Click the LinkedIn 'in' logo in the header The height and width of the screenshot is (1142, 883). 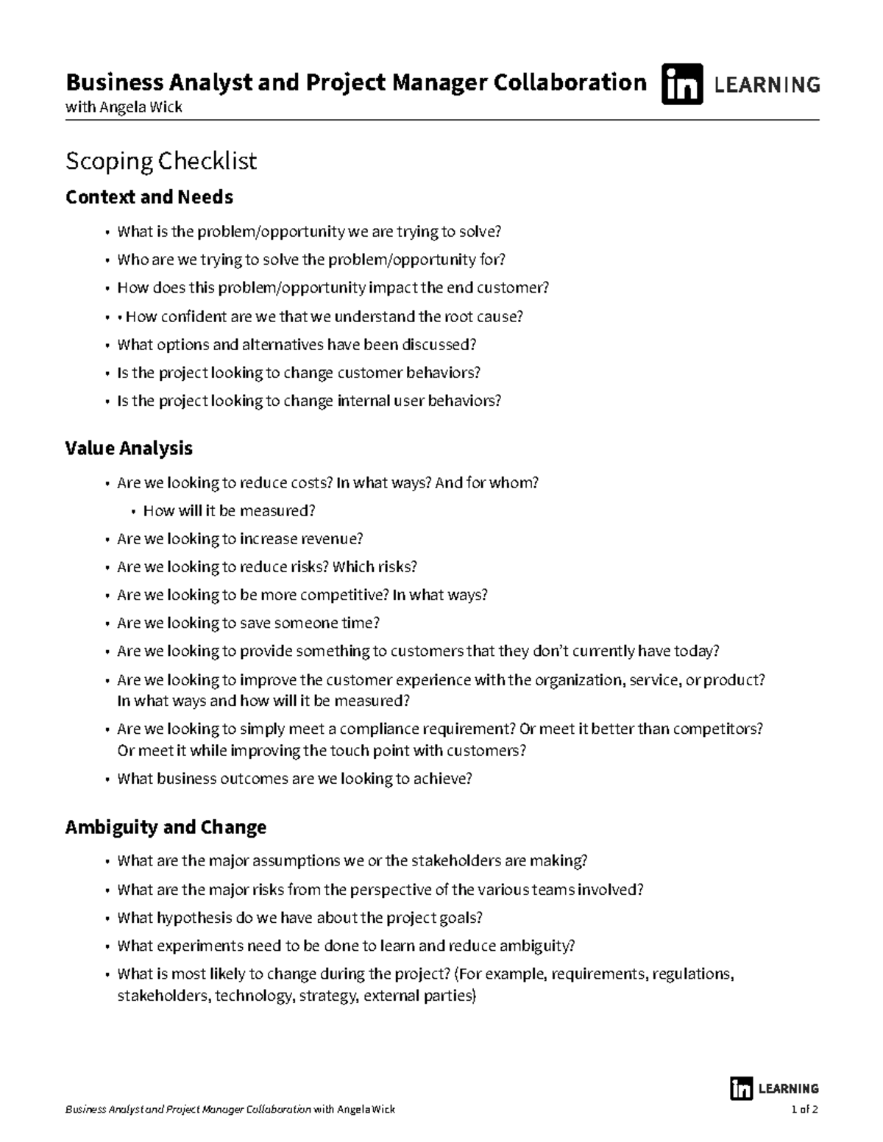[681, 85]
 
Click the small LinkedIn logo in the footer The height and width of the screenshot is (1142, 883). [741, 1088]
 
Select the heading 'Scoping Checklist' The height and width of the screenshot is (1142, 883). [161, 161]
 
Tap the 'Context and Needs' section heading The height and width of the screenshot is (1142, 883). [149, 197]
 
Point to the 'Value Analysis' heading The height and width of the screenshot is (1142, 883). [129, 449]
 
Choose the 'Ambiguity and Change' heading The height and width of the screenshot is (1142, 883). [166, 827]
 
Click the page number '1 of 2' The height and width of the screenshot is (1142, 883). [804, 1110]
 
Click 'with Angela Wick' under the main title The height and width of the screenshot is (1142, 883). [124, 107]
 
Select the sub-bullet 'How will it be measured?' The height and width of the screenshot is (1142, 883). [229, 510]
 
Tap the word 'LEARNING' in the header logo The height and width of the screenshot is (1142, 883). [767, 85]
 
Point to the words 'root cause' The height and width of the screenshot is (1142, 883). [482, 317]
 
